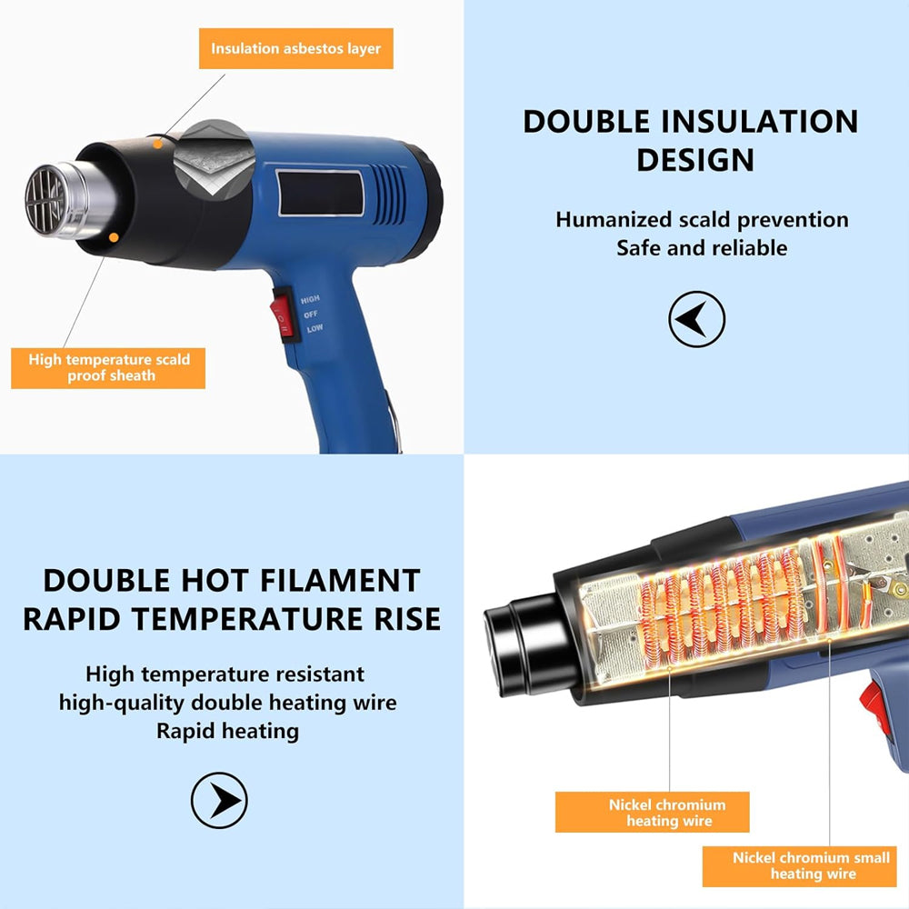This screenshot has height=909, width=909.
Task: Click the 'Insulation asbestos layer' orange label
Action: (x=296, y=48)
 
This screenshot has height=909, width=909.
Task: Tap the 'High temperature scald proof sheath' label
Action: (x=109, y=367)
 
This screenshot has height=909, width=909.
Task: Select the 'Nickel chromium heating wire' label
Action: (x=667, y=812)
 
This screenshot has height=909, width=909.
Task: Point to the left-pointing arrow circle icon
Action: (x=696, y=319)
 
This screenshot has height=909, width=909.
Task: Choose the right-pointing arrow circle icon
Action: (x=219, y=800)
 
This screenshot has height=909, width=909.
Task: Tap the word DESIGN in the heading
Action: (x=695, y=160)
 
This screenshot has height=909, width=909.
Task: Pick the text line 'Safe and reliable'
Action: (x=702, y=247)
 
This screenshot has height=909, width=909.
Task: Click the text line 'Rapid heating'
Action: (x=227, y=730)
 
